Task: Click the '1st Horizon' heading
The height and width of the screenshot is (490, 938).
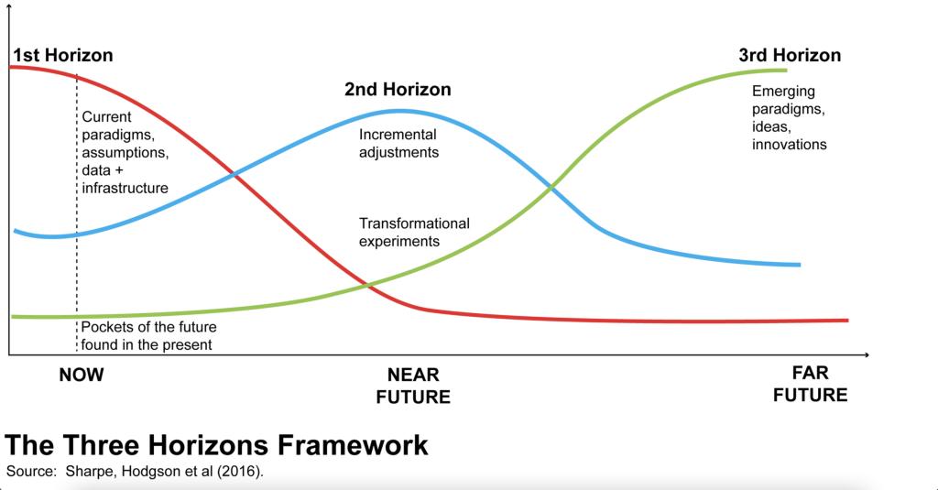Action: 63,55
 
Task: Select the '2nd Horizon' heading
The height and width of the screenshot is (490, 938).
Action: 398,89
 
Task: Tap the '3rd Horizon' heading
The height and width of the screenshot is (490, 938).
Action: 790,55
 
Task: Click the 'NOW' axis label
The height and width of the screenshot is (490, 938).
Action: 82,375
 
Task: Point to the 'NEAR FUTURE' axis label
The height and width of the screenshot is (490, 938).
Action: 413,386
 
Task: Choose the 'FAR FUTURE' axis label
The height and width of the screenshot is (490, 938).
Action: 810,384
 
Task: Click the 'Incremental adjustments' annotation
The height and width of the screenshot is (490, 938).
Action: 399,144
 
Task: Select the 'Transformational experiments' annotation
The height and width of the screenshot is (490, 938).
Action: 414,232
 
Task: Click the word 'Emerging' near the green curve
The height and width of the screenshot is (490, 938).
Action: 783,92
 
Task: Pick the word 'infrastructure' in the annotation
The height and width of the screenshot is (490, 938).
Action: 125,188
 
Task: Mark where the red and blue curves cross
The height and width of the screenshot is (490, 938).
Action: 234,175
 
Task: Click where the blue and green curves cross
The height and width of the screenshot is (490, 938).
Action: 551,189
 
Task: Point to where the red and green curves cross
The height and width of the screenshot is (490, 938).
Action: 366,286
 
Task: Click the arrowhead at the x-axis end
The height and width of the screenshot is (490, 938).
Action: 867,354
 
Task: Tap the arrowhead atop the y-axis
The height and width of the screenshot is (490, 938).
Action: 8,5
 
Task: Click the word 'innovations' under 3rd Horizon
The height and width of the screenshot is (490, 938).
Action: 789,144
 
